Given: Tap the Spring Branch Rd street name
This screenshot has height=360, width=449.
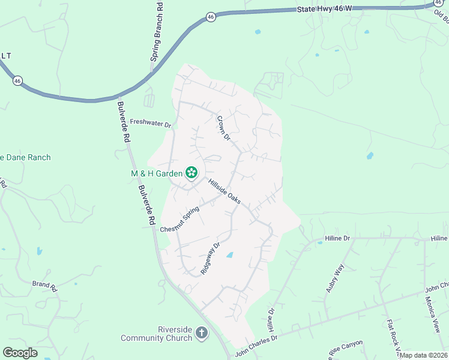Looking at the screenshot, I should coord(156,31).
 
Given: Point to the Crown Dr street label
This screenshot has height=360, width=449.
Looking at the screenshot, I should coord(224,128).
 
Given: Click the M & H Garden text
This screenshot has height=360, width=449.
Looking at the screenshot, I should coord(157,173).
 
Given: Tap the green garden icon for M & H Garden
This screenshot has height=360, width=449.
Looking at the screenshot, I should coord(191,173).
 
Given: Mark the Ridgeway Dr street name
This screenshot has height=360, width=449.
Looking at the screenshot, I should coord(211,259).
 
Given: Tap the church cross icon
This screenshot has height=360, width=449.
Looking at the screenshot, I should coord(202,332).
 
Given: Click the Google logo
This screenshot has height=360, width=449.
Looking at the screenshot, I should coord(20,353).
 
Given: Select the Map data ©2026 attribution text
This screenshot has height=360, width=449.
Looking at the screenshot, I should coord(423,355).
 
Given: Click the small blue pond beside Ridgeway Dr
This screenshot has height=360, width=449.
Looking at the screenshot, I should coord(229,256).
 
